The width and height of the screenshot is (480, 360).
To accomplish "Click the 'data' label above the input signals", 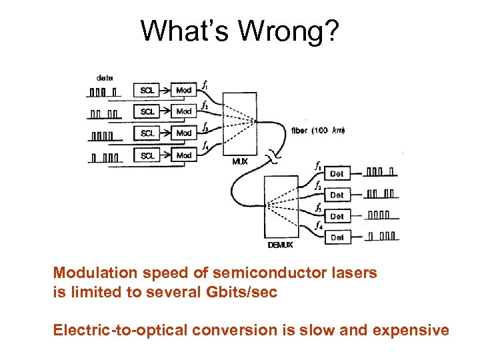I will [x=105, y=77].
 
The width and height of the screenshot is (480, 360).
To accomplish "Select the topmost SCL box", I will [x=147, y=90].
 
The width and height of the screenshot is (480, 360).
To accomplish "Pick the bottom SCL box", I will [x=147, y=155].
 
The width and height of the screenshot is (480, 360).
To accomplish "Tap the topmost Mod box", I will [x=184, y=90].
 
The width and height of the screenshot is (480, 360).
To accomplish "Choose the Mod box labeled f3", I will [x=184, y=133].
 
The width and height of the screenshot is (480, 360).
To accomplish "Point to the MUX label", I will [x=239, y=161].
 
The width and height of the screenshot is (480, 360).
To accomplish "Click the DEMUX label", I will [x=280, y=245].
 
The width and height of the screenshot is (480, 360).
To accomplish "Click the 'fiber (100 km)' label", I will [x=317, y=131].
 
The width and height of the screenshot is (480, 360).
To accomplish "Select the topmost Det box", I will [x=337, y=173].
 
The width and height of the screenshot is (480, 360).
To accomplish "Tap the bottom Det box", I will [x=337, y=237].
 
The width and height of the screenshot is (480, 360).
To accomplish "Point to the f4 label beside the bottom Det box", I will [x=318, y=227].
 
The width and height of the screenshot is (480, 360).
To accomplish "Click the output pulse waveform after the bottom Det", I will [x=383, y=236].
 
